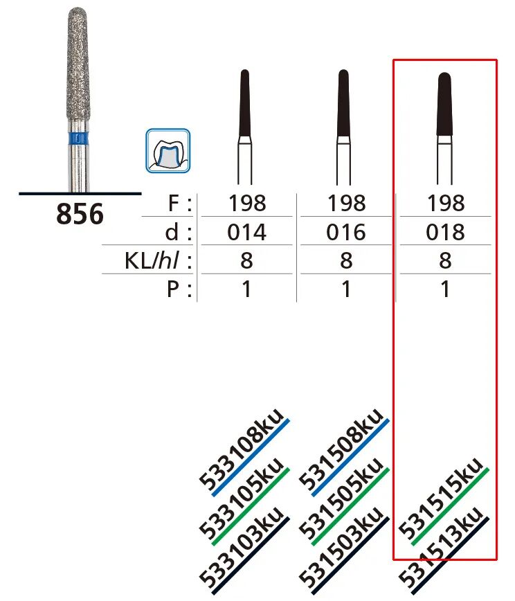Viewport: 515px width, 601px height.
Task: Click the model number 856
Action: point(80,215)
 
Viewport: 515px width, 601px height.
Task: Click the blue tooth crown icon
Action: point(168,150)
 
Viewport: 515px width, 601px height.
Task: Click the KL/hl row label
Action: point(157,261)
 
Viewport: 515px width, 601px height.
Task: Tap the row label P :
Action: point(178,289)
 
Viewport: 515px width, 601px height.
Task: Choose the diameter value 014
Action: point(246,233)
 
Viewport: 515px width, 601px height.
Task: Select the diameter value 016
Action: point(346,233)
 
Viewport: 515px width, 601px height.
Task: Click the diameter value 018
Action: point(445,233)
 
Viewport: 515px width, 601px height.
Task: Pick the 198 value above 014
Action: point(246,204)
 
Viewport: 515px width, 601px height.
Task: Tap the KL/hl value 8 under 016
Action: point(346,261)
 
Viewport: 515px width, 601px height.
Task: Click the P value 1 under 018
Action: point(445,289)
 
